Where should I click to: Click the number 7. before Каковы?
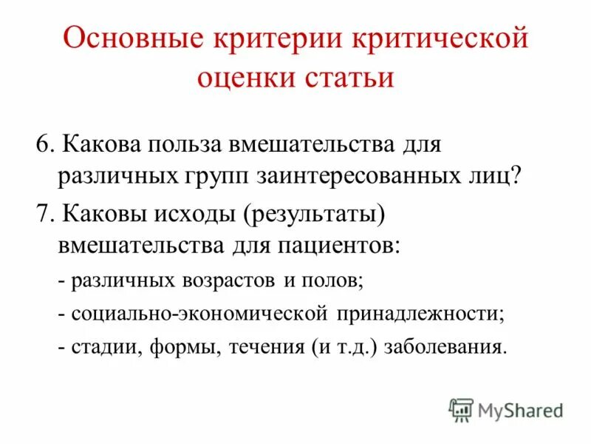coord(44,214)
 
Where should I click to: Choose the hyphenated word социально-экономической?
coord(199,313)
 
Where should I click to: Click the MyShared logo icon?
coord(461,408)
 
